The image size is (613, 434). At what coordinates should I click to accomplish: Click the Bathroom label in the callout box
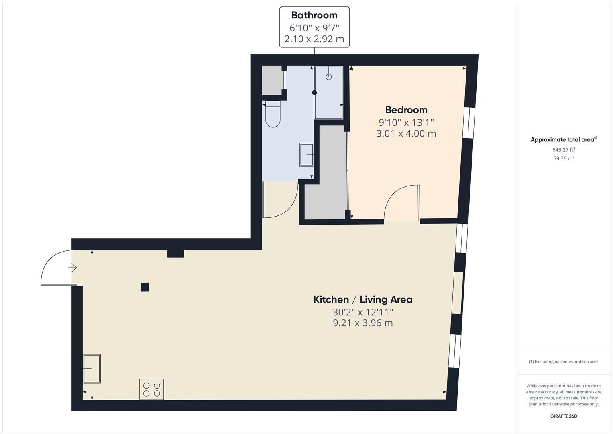314,15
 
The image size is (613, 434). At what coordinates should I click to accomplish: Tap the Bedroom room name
406,110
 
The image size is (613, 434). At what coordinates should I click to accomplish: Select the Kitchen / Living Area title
363,299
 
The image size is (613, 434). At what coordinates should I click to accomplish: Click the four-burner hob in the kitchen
151,389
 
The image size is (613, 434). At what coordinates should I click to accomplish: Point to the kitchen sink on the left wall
92,368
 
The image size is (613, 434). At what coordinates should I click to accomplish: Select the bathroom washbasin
307,155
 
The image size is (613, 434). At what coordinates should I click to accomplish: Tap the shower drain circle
329,77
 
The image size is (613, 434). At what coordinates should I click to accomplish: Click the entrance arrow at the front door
72,267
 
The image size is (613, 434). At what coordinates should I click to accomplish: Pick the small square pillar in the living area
145,287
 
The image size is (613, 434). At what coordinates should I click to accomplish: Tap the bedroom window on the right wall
469,123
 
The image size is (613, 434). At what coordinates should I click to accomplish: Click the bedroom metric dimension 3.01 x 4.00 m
406,133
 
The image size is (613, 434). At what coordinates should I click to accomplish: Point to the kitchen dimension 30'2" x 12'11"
363,312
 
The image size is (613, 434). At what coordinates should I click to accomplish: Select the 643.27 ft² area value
564,150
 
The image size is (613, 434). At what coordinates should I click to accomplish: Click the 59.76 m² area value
564,158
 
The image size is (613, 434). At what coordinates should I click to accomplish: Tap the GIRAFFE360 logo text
563,416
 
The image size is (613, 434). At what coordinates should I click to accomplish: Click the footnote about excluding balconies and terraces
563,362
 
